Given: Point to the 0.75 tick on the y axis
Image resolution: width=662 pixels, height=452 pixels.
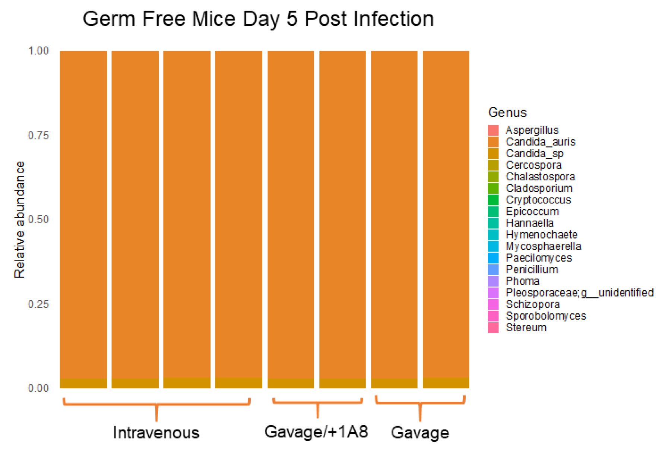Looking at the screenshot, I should tap(38, 135).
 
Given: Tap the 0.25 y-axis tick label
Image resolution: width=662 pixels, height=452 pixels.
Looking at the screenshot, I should tap(38, 304).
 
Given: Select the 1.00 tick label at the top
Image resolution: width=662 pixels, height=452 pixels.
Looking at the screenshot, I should tap(38, 51).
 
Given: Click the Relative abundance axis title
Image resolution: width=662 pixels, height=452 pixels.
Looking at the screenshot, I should tap(19, 219).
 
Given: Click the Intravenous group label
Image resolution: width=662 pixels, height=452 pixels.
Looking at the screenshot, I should tap(156, 433).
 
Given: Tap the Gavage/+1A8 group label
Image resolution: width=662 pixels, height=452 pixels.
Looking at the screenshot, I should tap(316, 432).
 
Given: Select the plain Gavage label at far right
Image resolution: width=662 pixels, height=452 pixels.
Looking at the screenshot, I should tap(420, 433).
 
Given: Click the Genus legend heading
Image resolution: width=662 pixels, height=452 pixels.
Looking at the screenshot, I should tap(507, 112).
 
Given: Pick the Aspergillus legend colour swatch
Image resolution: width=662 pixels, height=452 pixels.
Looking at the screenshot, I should tap(493, 130).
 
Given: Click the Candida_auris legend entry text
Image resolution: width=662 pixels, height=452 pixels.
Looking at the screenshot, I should tap(540, 142).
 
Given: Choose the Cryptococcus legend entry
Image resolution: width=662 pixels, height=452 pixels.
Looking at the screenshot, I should tap(538, 200).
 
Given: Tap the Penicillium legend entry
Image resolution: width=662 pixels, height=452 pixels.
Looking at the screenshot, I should tap(532, 269).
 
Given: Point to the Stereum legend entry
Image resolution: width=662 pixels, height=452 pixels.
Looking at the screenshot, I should tap(526, 328).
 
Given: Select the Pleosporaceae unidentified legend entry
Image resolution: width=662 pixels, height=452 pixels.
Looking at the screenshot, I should tap(579, 293).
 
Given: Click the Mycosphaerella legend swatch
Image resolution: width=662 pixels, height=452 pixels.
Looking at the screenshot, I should tap(493, 246).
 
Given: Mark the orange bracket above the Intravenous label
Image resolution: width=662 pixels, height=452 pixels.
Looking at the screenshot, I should tap(156, 404).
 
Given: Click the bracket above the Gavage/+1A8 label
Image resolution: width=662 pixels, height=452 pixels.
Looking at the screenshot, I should tap(317, 402).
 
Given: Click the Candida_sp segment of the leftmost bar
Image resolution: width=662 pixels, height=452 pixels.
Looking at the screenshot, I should tap(83, 383).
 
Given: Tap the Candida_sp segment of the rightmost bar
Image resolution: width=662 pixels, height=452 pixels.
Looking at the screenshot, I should tap(446, 383).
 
